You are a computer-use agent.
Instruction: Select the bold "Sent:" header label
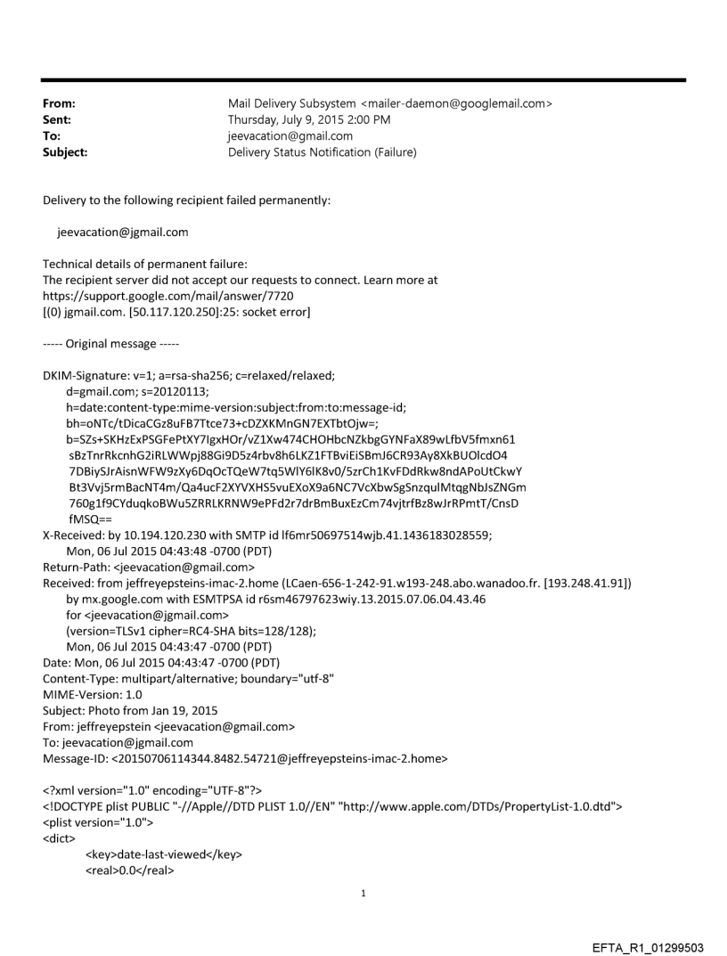tap(57, 120)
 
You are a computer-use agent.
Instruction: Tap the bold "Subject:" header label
tap(65, 152)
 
